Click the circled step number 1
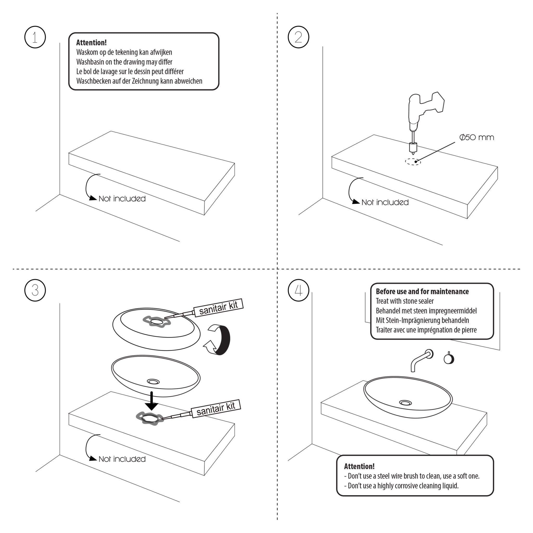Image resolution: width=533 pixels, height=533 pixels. [x=35, y=37]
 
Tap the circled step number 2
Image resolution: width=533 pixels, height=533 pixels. [x=298, y=37]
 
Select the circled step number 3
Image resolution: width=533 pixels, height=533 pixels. [x=35, y=290]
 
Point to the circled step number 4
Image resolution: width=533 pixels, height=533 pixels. [x=298, y=290]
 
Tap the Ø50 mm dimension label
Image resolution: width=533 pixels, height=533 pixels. [x=477, y=137]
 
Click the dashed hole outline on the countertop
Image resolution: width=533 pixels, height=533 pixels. [x=413, y=162]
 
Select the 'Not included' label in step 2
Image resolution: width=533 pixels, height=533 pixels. [x=385, y=202]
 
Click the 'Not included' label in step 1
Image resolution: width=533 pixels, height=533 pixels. [x=122, y=199]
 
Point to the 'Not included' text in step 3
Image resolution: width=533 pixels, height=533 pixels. [x=122, y=459]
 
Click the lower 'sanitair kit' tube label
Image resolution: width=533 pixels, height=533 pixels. [x=216, y=408]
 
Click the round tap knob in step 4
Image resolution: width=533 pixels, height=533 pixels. [x=449, y=359]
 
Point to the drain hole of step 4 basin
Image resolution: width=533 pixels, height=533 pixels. [x=405, y=403]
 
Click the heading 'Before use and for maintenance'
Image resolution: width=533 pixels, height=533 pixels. [x=422, y=291]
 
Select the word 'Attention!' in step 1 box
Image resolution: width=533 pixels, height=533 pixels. [x=91, y=42]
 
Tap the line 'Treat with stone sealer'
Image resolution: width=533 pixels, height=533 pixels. [x=404, y=301]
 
